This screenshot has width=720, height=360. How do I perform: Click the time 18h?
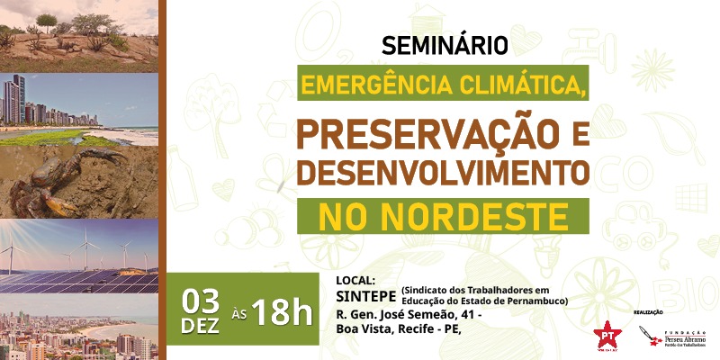click(x=281, y=312)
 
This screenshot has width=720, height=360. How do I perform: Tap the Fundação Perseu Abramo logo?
click(x=672, y=337)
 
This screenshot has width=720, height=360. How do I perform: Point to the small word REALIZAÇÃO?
click(x=648, y=311)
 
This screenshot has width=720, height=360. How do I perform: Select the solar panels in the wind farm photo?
click(x=81, y=281)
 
